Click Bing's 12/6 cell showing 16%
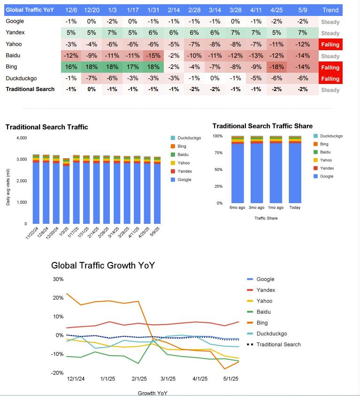(71, 67)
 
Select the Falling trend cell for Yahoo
(330, 45)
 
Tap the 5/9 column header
(303, 10)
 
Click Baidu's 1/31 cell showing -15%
(153, 56)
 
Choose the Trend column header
(330, 10)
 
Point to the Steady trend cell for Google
(330, 22)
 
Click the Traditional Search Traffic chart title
(46, 127)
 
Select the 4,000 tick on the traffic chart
(22, 138)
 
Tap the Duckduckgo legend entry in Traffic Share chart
(331, 136)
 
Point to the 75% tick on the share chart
(218, 152)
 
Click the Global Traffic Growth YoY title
(103, 266)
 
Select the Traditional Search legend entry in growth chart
(278, 344)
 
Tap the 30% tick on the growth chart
(58, 279)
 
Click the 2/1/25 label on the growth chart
(139, 379)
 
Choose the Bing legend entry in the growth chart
(262, 323)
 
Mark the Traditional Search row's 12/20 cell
(92, 89)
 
